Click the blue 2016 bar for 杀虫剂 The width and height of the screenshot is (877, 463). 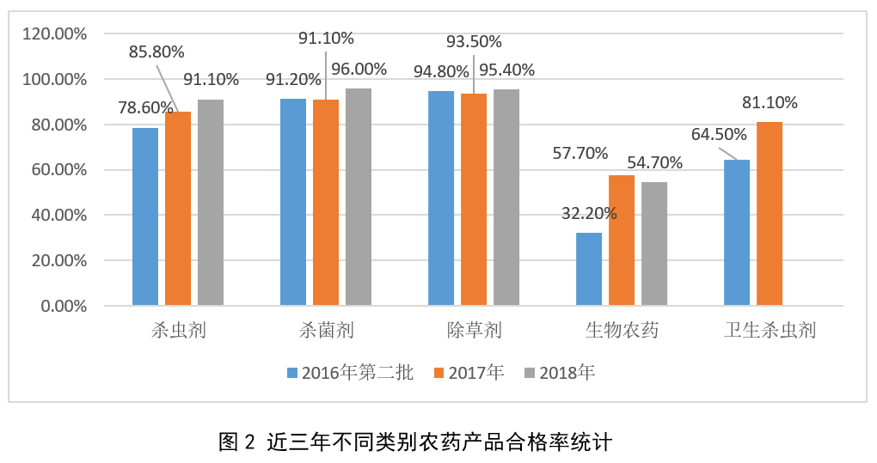coord(145,216)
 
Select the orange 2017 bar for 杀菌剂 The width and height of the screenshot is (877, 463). coord(326,203)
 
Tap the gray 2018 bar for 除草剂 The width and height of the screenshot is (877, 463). coord(506,198)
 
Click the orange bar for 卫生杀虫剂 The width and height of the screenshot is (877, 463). coord(770,214)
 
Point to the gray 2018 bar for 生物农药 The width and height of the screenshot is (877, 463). coord(654,244)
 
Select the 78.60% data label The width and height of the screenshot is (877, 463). coord(145,107)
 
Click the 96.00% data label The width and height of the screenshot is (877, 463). coord(359,70)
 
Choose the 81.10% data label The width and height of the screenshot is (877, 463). coord(770,103)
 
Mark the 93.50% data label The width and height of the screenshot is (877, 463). coord(474,42)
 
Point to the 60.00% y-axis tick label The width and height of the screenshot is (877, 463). coord(58,170)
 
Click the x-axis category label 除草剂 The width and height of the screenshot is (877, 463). coord(474,331)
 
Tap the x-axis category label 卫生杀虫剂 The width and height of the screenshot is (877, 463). coord(770,331)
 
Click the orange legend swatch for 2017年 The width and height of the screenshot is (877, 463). coord(438,373)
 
